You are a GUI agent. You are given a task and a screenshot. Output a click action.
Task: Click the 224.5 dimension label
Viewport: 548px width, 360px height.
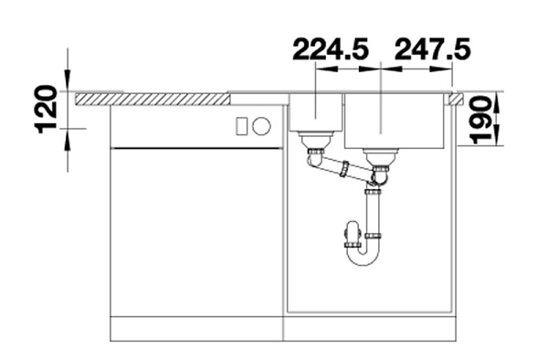point(331,49)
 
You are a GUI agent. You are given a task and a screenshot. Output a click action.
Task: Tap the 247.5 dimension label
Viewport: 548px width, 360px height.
point(432,49)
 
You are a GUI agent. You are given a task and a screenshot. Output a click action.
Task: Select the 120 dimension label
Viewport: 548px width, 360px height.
point(46,109)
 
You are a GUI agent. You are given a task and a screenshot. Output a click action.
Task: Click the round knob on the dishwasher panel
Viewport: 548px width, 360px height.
point(261,125)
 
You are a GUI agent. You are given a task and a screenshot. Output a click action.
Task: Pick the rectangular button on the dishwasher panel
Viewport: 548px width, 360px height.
point(242,125)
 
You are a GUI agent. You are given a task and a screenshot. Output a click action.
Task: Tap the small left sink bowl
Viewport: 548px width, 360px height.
point(316,111)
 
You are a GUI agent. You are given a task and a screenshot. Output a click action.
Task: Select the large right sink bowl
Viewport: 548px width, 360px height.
point(395,121)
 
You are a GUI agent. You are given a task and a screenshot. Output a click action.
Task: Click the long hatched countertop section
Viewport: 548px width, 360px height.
point(152,99)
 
